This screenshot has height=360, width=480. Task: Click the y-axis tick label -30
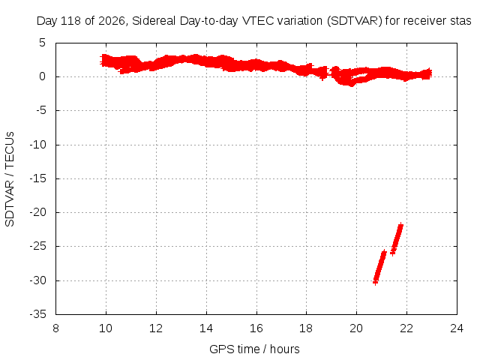[x=37, y=280]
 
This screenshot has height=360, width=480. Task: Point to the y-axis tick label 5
[x=42, y=43]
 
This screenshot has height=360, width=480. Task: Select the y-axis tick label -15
[x=37, y=178]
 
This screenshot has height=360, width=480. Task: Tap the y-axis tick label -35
[x=37, y=313]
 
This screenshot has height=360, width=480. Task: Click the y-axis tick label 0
[x=42, y=76]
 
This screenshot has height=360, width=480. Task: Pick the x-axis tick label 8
[x=55, y=328]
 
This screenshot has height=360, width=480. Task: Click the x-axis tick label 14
[x=206, y=328]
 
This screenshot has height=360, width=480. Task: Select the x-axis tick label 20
[x=357, y=328]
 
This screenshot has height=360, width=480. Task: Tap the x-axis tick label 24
[x=457, y=328]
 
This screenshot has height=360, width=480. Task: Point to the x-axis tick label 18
[x=306, y=328]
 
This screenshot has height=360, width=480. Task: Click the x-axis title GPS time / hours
[x=254, y=349]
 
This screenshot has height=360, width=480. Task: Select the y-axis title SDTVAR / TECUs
[x=10, y=179]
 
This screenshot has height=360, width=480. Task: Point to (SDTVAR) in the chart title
[x=355, y=21]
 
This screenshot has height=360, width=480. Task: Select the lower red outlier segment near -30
[x=379, y=267]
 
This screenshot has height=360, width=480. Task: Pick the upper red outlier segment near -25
[x=397, y=239]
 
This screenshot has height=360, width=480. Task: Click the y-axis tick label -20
[x=37, y=211]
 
